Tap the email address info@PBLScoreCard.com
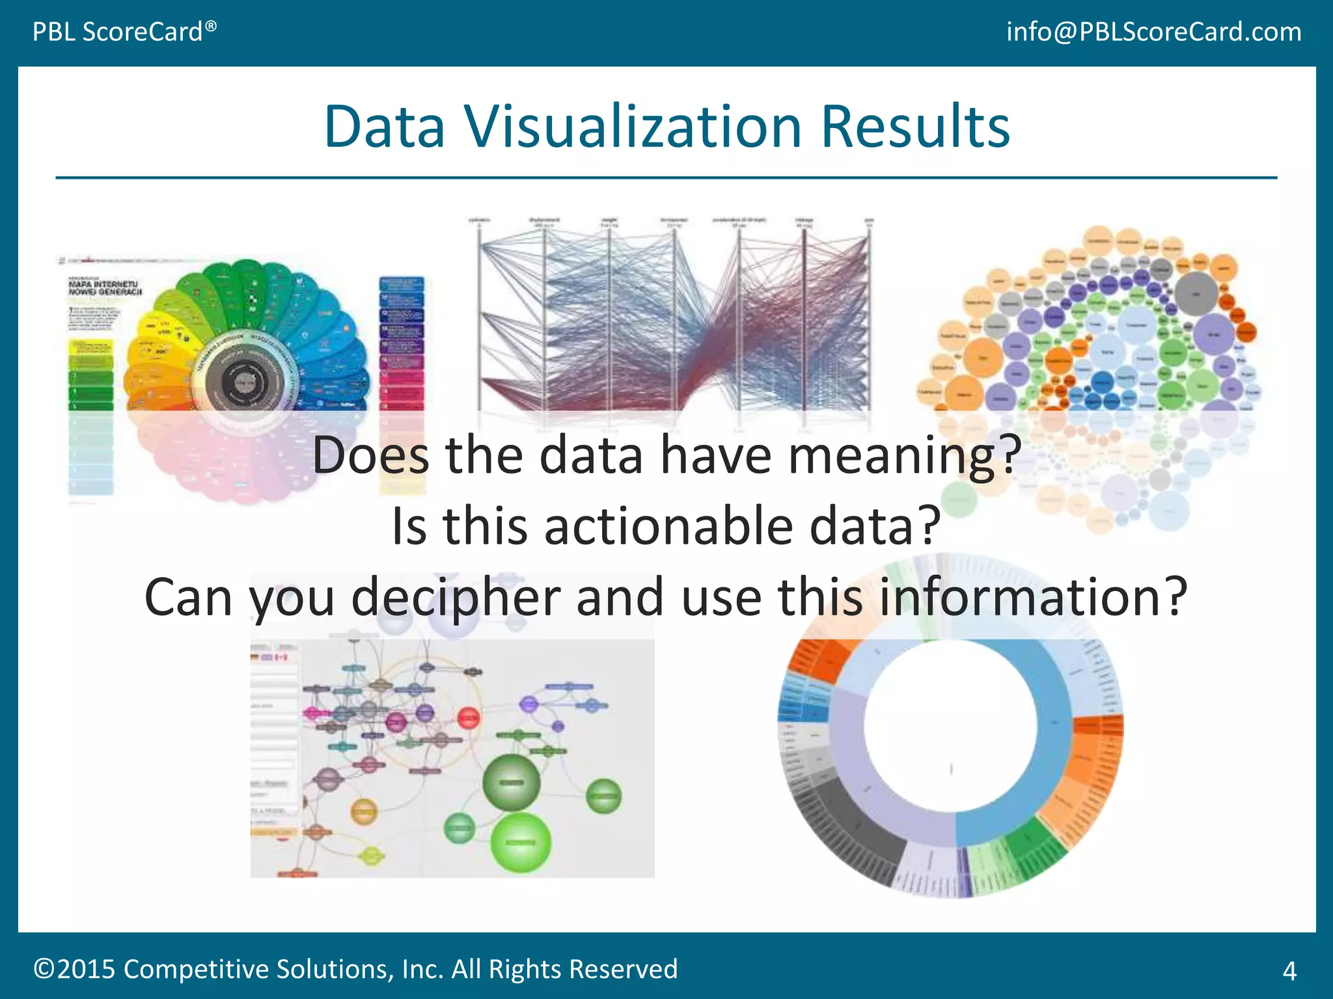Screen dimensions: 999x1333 click(1153, 31)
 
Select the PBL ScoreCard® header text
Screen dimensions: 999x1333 click(124, 31)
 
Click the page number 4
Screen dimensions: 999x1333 click(1289, 971)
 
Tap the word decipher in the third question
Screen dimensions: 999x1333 click(456, 597)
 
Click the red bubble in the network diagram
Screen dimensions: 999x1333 click(468, 718)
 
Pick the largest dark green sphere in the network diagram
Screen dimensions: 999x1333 click(512, 782)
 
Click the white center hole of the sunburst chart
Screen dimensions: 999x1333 click(950, 725)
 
